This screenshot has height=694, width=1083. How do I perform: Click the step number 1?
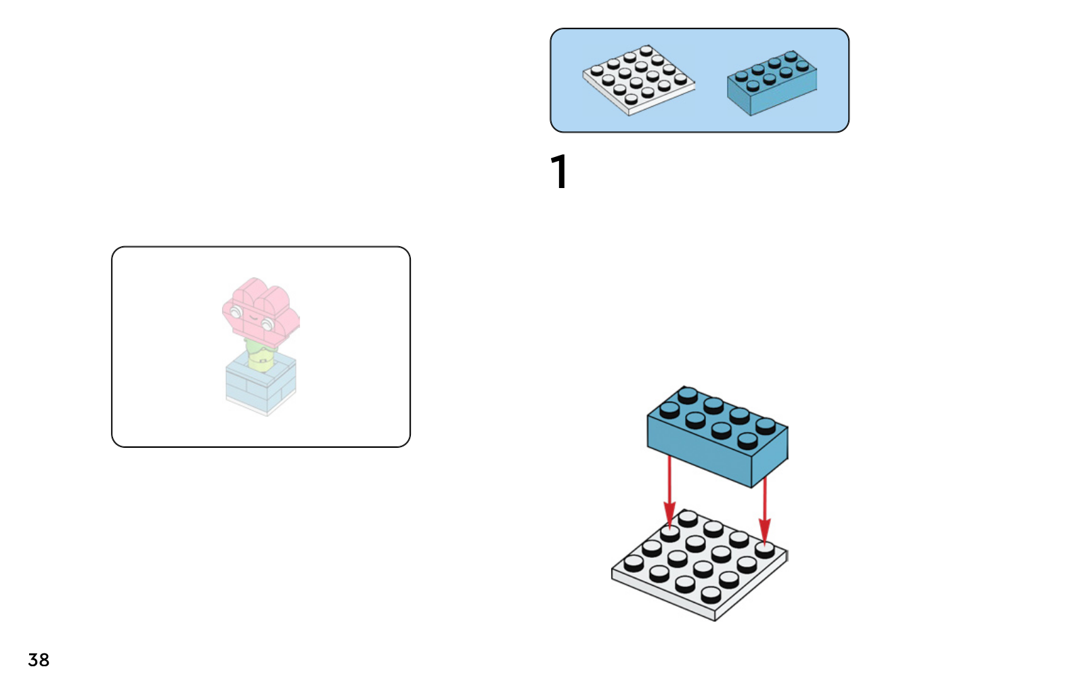pyautogui.click(x=559, y=172)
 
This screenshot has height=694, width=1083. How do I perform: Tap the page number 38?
pyautogui.click(x=39, y=660)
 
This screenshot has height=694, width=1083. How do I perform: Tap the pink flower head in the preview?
pyautogui.click(x=261, y=311)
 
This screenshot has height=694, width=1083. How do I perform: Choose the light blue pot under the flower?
pyautogui.click(x=261, y=382)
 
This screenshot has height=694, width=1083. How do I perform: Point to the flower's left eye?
pyautogui.click(x=236, y=312)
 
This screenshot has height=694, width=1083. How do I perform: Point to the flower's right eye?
pyautogui.click(x=267, y=324)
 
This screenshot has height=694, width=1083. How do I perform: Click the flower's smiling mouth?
pyautogui.click(x=251, y=317)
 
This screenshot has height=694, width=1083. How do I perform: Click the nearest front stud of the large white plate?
pyautogui.click(x=711, y=594)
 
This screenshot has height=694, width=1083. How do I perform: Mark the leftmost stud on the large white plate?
pyautogui.click(x=634, y=561)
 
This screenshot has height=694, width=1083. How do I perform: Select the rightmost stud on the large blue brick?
pyautogui.click(x=766, y=425)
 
